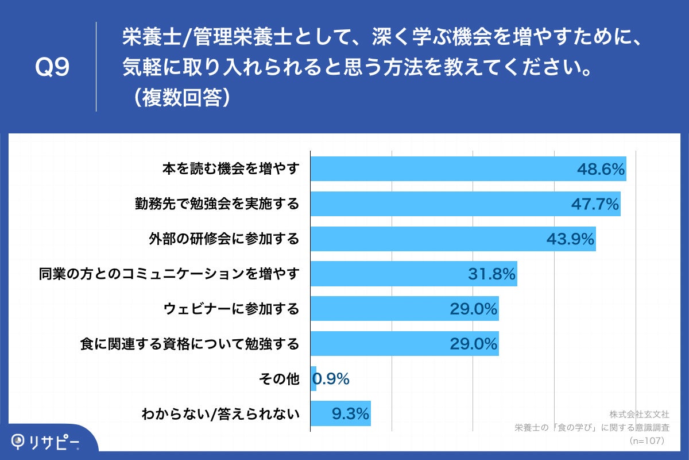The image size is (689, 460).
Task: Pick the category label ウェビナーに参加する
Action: [x=231, y=309]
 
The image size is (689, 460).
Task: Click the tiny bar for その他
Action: [x=313, y=378]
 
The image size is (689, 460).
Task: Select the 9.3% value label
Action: [x=350, y=413]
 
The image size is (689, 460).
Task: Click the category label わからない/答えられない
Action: [x=220, y=413]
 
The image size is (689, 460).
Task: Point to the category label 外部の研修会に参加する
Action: [x=226, y=239]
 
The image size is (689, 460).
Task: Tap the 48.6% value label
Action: [x=600, y=169]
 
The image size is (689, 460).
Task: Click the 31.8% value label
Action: [x=491, y=274]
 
